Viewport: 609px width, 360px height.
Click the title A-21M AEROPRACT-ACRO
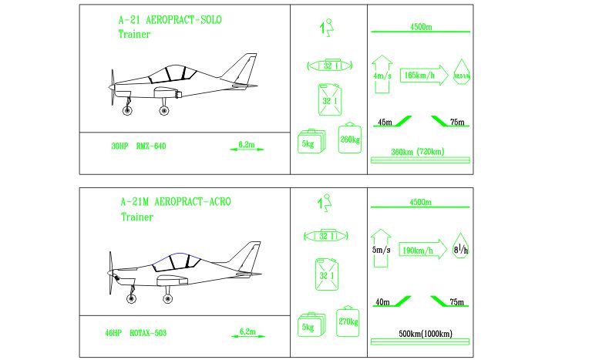click(x=175, y=202)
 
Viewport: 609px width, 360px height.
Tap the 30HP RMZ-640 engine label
click(x=139, y=145)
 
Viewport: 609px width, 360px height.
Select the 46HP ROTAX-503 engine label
click(x=136, y=334)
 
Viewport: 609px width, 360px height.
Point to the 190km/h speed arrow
click(x=422, y=251)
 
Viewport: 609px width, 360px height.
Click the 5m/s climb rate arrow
click(x=382, y=248)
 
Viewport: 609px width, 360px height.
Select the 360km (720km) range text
click(x=417, y=152)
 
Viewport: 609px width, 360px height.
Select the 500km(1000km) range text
click(x=420, y=334)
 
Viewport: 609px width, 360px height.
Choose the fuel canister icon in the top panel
click(x=330, y=101)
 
